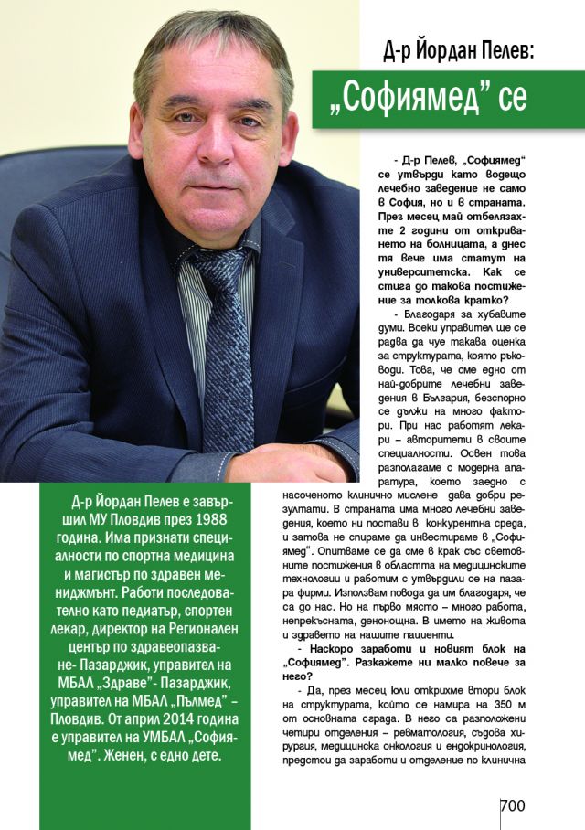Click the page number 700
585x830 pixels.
click(x=513, y=805)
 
